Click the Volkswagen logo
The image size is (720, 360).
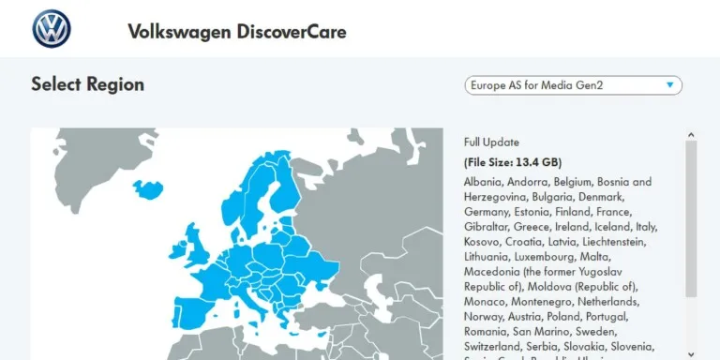pyautogui.click(x=52, y=30)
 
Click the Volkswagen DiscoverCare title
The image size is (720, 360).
pyautogui.click(x=236, y=32)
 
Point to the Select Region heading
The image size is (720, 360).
pyautogui.click(x=87, y=84)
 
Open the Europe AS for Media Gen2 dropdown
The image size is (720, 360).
pyautogui.click(x=573, y=85)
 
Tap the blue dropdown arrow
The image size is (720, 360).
pyautogui.click(x=669, y=85)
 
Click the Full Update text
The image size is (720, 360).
pyautogui.click(x=491, y=142)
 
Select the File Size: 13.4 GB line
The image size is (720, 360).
pyautogui.click(x=513, y=161)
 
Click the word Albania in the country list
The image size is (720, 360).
pyautogui.click(x=484, y=182)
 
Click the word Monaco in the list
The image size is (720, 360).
pyautogui.click(x=485, y=302)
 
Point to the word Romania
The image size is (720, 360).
pyautogui.click(x=487, y=332)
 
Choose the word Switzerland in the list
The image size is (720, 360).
pyautogui.click(x=493, y=347)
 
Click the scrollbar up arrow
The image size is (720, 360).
pyautogui.click(x=691, y=135)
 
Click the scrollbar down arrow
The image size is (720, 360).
pyautogui.click(x=691, y=353)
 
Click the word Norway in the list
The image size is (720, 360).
pyautogui.click(x=483, y=317)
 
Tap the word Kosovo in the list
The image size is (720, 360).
pyautogui.click(x=483, y=242)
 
